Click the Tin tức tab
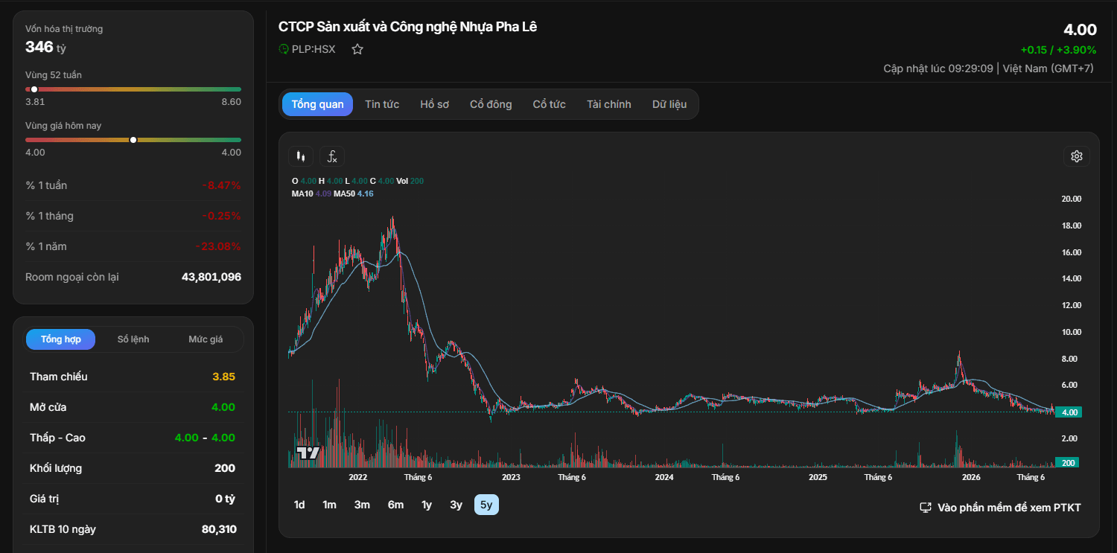click(x=382, y=104)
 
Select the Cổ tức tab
click(x=549, y=104)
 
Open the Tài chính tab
click(x=609, y=104)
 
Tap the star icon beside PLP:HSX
click(x=357, y=49)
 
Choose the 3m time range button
click(x=362, y=505)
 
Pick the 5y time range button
click(x=486, y=505)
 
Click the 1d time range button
click(x=299, y=505)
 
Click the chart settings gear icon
click(x=1077, y=156)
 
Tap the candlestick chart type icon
click(x=301, y=156)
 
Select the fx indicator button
click(x=332, y=156)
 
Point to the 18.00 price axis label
click(x=1071, y=226)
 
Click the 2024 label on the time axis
click(x=664, y=477)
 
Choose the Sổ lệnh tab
click(x=133, y=339)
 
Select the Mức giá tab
click(x=206, y=339)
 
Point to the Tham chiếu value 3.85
click(x=223, y=377)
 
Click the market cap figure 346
click(x=39, y=47)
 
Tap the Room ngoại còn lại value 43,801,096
click(x=211, y=277)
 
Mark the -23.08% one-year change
click(x=218, y=246)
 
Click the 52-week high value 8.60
click(x=232, y=102)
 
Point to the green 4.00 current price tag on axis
click(x=1069, y=412)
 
